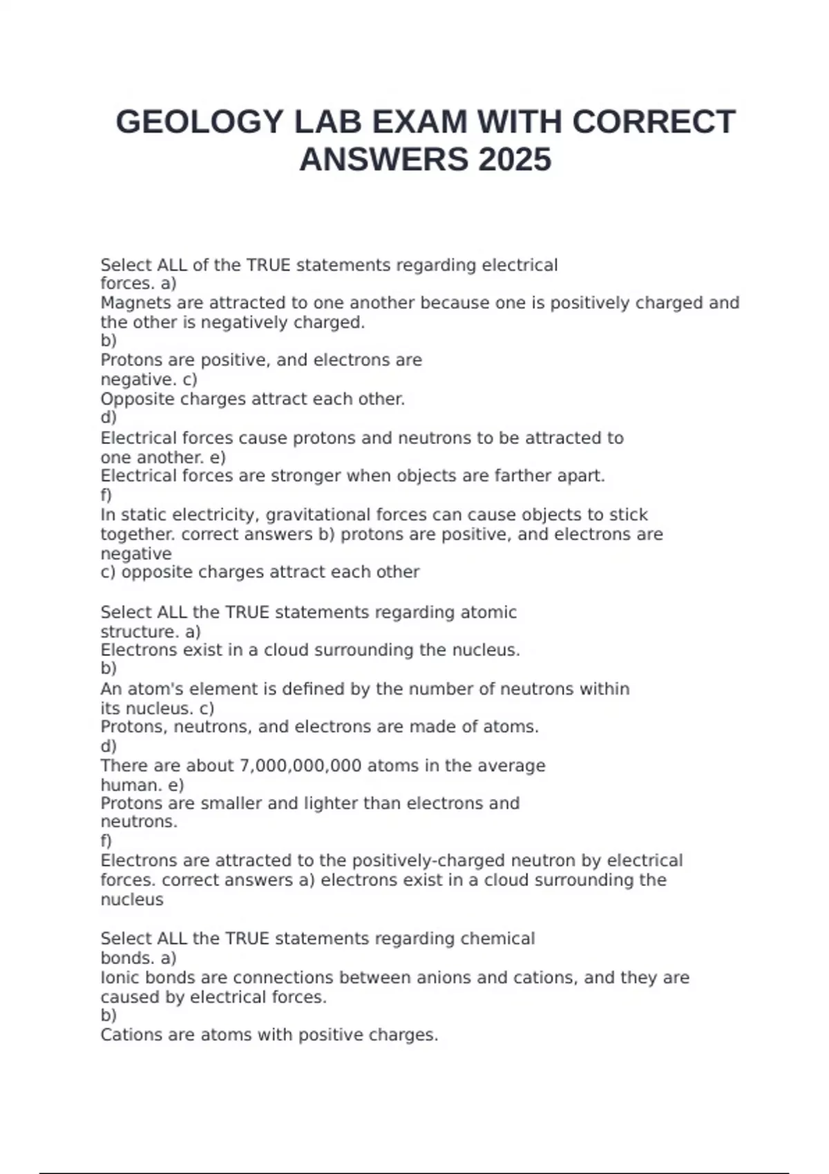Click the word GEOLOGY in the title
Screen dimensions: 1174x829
tap(200, 122)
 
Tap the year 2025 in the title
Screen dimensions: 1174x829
tap(514, 160)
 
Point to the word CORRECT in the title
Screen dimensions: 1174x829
tap(654, 122)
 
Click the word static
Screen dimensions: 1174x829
tap(144, 515)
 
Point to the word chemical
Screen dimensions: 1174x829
tap(497, 939)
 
